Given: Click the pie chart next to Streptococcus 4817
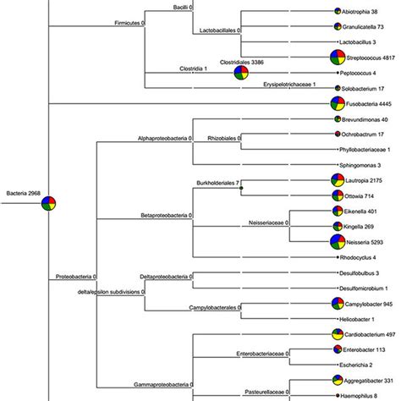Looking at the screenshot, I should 338,58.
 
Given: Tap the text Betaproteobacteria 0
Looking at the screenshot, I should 167,215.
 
